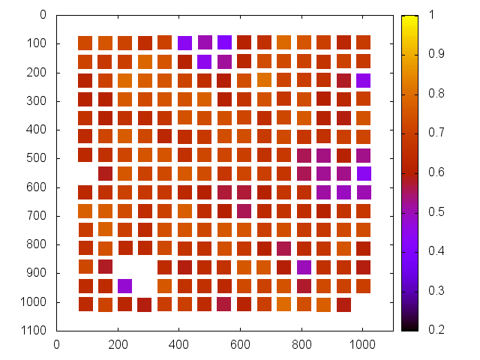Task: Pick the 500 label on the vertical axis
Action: point(38,158)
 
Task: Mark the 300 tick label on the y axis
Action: point(38,100)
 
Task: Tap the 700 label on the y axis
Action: point(38,215)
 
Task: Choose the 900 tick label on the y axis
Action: point(38,273)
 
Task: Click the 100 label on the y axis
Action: point(38,43)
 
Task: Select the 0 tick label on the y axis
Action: point(44,14)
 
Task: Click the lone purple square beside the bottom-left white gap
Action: point(125,286)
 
